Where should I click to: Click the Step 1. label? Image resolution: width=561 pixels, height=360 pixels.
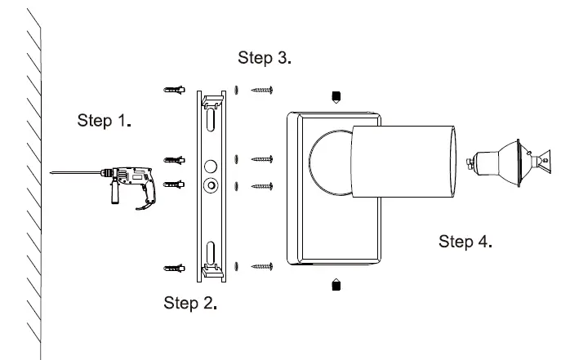coord(105,121)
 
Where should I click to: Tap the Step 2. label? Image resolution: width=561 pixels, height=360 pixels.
coord(190,303)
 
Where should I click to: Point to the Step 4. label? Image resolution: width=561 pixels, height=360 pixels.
coord(465,242)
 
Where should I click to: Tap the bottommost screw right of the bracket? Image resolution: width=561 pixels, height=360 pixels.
coord(261,266)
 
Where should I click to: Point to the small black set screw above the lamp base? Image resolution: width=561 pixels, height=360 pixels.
coord(336,96)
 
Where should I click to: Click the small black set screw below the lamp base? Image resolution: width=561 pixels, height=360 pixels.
coord(336,284)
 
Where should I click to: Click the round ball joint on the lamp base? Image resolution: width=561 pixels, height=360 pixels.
coord(332,162)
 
